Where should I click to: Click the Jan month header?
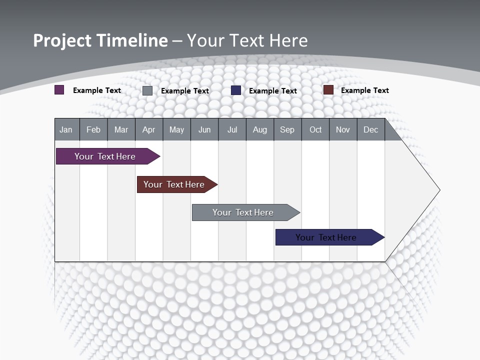pos(66,130)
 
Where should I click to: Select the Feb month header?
pos(93,130)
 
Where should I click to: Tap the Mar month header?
pos(121,130)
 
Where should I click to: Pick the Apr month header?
pos(148,130)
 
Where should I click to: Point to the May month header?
pos(176,130)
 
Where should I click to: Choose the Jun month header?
pos(204,130)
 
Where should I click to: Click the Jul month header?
pos(232,130)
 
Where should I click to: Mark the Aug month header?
pos(260,130)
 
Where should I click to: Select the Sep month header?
pos(287,130)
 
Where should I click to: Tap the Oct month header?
pos(315,130)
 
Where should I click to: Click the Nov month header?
pos(343,130)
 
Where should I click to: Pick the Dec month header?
pos(371,130)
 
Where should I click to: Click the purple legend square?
pos(59,90)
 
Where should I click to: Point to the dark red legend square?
pos(328,90)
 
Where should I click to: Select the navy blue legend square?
pos(236,90)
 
